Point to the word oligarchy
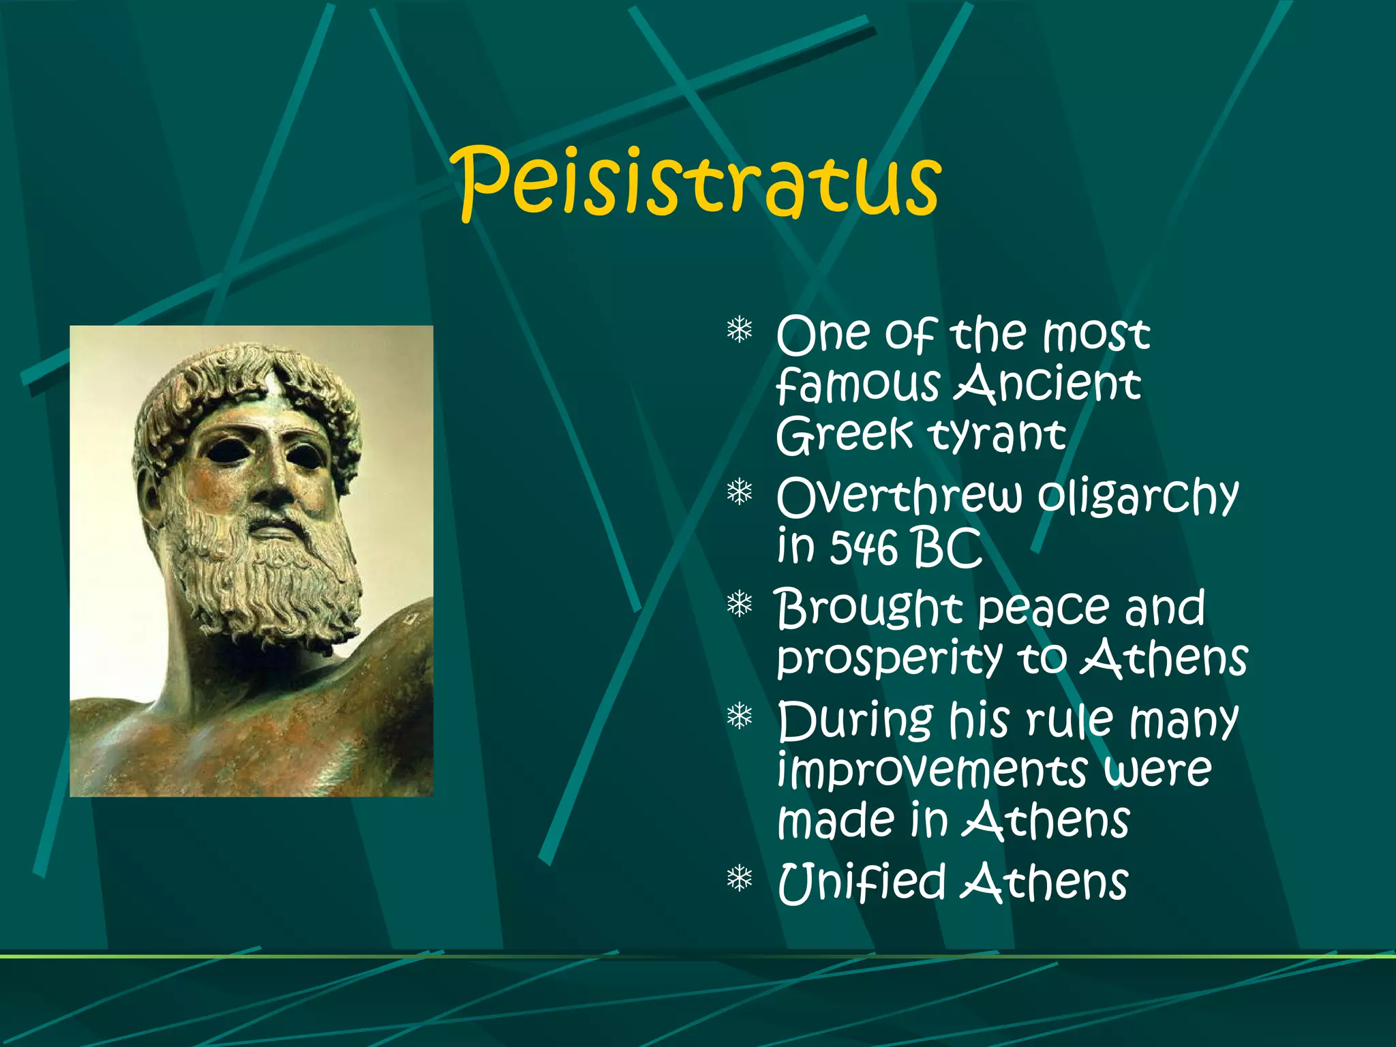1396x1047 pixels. (x=1137, y=498)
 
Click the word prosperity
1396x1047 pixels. (x=889, y=660)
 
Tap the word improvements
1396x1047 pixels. (x=932, y=771)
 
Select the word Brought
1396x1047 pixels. (x=868, y=609)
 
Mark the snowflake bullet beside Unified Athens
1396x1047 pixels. (x=739, y=879)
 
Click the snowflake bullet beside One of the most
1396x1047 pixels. (x=739, y=331)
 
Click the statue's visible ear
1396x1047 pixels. (x=151, y=498)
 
